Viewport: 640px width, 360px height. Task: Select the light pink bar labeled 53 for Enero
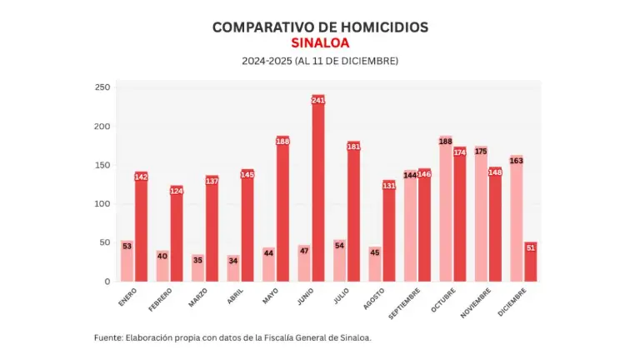coord(127,261)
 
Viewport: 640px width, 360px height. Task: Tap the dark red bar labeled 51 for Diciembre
coord(531,262)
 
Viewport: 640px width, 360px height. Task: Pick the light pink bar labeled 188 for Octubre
coord(446,212)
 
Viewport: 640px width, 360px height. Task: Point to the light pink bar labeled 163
coord(517,221)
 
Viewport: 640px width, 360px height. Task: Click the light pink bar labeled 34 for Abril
coord(233,268)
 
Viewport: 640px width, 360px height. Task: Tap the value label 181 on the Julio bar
coord(353,147)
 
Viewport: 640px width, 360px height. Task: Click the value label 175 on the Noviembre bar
coord(482,152)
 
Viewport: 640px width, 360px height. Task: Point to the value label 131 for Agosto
coord(389,185)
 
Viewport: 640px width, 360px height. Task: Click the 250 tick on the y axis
coord(102,87)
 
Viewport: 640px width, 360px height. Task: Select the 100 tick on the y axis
coord(102,204)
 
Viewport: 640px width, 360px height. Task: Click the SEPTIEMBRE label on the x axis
coord(403,305)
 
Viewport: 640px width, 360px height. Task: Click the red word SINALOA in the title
coord(320,43)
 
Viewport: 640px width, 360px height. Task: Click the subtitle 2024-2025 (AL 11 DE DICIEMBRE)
coord(320,62)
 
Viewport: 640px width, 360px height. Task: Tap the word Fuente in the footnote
coord(107,337)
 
